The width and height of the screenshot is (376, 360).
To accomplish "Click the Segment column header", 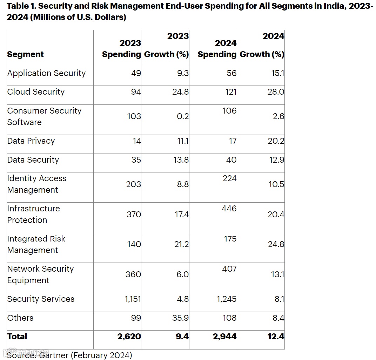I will point(25,54).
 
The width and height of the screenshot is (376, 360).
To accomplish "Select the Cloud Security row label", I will point(36,92).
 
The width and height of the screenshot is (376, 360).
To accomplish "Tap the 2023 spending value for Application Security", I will point(136,73).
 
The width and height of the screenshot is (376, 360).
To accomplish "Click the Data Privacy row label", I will point(31,141).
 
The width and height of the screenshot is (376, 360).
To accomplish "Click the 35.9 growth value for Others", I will point(181,318).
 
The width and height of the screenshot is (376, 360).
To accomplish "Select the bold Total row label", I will point(17,337).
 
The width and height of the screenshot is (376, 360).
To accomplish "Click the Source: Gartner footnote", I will point(69,355).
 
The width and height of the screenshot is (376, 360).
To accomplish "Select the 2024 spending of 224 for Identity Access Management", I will point(229,178).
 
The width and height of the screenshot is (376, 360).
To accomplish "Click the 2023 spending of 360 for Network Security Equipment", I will point(133,274).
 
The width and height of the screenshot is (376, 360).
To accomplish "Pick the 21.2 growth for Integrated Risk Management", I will point(182,244).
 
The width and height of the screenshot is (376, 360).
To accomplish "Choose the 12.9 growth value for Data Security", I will point(276,160).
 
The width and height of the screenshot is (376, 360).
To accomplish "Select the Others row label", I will point(20,318).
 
